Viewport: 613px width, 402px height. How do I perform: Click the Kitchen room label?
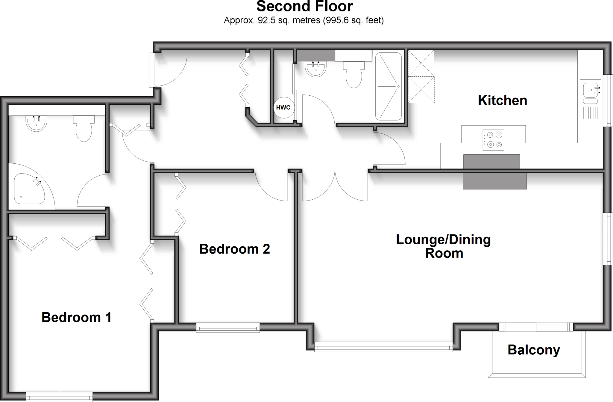click(x=502, y=100)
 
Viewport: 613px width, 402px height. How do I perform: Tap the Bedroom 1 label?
click(x=76, y=317)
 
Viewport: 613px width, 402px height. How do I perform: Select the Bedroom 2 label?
click(x=234, y=249)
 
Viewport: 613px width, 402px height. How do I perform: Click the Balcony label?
click(x=534, y=350)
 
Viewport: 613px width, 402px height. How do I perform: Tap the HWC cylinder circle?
click(x=283, y=107)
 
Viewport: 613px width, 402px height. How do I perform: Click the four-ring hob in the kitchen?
click(x=493, y=140)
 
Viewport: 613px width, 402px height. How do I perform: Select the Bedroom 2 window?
click(x=228, y=327)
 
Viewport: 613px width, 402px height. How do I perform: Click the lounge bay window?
click(x=383, y=347)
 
